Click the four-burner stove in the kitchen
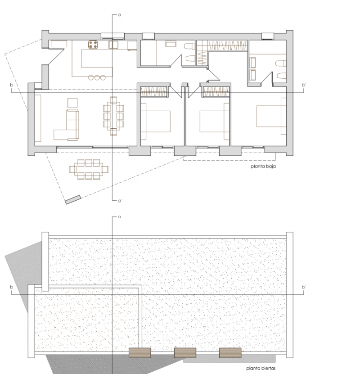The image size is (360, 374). (x=94, y=44)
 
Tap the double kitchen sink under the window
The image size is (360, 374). (x=113, y=45)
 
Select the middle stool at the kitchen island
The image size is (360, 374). (x=97, y=77)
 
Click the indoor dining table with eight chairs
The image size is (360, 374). (x=113, y=115)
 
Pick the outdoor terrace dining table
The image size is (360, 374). (x=89, y=169)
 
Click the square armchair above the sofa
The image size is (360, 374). (x=72, y=103)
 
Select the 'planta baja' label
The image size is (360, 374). (x=263, y=166)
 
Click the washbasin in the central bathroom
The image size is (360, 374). (x=171, y=44)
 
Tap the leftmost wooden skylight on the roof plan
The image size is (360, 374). (x=139, y=352)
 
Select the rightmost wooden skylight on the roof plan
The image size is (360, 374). (x=230, y=352)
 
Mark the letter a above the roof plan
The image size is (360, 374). (x=120, y=217)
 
